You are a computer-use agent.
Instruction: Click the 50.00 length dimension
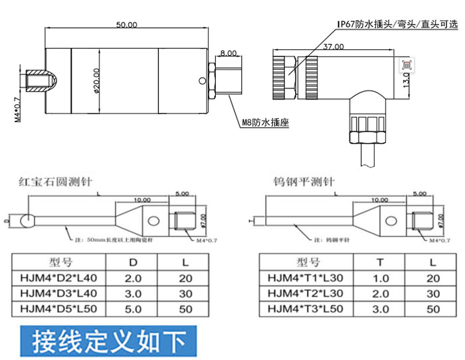(127, 25)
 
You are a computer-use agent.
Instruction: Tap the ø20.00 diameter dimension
(97, 82)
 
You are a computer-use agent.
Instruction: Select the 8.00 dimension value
(227, 52)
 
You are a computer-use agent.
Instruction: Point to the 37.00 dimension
(333, 46)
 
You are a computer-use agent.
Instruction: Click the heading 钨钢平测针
(304, 181)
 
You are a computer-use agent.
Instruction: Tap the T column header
(380, 262)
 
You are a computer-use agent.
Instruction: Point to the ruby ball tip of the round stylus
(27, 219)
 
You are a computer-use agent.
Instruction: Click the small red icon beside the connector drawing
(407, 64)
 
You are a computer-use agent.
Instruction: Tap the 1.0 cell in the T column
(380, 278)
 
